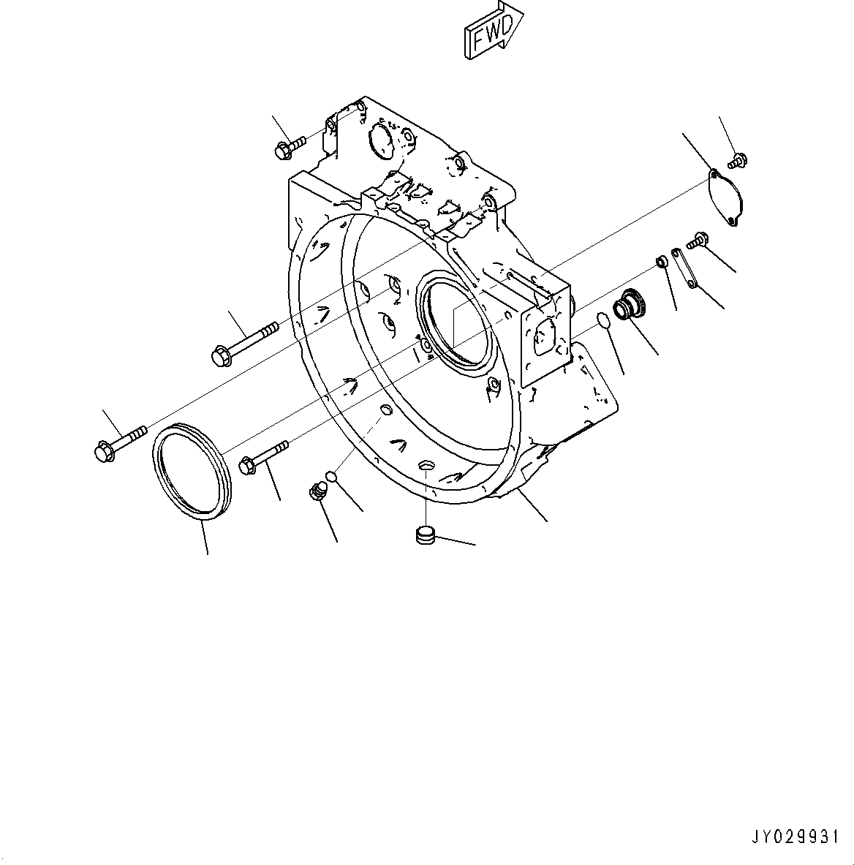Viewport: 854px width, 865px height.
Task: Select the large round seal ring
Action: pos(192,472)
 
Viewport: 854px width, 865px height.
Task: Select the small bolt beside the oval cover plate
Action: pos(738,159)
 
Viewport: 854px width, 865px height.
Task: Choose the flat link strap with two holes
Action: pos(684,268)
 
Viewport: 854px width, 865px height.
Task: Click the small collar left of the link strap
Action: pos(662,262)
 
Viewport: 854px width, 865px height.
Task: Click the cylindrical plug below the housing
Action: pos(423,536)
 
